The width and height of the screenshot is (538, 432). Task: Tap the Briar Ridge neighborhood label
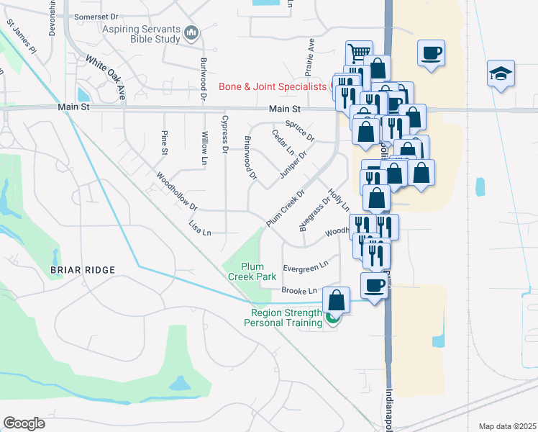pos(83,270)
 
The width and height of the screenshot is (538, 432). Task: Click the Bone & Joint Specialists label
pos(273,87)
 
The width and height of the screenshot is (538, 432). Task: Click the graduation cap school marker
pos(501,73)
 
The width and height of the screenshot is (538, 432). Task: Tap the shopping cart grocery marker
pos(359,53)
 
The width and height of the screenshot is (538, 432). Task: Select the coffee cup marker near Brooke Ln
pos(374,285)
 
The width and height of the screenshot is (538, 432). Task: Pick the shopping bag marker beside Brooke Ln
pos(337,300)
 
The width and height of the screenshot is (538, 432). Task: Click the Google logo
pos(24,423)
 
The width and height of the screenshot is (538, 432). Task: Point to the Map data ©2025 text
pos(507,426)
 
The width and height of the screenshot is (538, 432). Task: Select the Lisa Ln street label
pos(199,228)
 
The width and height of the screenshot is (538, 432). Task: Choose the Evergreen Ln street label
pos(306,268)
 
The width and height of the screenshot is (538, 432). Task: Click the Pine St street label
pos(165,142)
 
